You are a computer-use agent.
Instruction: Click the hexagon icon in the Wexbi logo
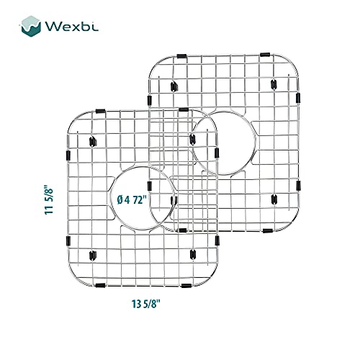tap(30, 26)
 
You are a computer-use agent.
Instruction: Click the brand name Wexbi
tap(71, 27)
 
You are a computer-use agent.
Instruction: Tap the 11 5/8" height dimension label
tap(49, 199)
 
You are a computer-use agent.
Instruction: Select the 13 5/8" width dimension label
tap(145, 304)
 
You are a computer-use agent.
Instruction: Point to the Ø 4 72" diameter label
tap(132, 199)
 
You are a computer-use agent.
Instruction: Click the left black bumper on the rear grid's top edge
tap(181, 56)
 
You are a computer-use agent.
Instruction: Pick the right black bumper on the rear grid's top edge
tap(265, 55)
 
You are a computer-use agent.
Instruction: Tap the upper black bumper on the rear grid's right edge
tap(298, 98)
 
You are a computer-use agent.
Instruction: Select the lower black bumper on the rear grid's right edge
tap(298, 186)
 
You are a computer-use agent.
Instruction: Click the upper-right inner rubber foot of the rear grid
tap(274, 84)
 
